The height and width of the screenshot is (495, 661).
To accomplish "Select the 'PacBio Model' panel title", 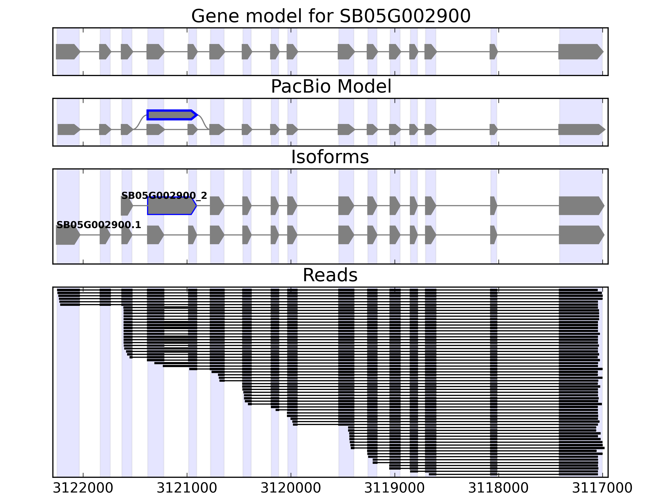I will pos(331,87).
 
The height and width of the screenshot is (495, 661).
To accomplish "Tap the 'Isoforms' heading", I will pos(330,157).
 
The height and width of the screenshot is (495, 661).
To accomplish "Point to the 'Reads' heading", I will pos(330,275).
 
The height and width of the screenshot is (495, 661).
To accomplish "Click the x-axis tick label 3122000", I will pos(83,488).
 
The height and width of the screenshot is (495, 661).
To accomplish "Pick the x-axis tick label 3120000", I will pos(291,488).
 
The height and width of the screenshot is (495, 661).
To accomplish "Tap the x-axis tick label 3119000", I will pos(395,488).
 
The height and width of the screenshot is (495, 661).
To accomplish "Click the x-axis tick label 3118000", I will pos(498,488).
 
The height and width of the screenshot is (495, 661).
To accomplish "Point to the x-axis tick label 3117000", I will pos(602,488).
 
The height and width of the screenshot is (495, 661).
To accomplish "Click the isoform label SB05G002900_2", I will pos(164,196).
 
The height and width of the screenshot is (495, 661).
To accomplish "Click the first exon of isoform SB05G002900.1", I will pos(67,235).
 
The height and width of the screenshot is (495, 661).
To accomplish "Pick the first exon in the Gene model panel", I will pos(67,52).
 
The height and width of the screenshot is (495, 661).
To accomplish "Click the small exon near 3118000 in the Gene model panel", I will pos(493,52).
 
